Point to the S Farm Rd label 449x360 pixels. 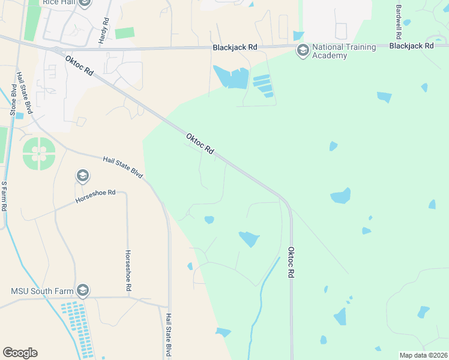pyautogui.click(x=4, y=196)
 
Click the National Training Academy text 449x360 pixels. pyautogui.click(x=344, y=52)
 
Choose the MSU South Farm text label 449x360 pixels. pyautogui.click(x=42, y=292)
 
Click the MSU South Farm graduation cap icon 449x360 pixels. pyautogui.click(x=83, y=291)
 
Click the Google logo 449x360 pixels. pyautogui.click(x=20, y=353)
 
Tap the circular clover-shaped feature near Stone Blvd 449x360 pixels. pyautogui.click(x=39, y=154)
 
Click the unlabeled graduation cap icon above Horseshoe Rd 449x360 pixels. pyautogui.click(x=82, y=176)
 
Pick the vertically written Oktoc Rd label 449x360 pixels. pyautogui.click(x=291, y=262)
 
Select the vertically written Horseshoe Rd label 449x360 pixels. pyautogui.click(x=128, y=271)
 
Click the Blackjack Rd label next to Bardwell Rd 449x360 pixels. pyautogui.click(x=411, y=46)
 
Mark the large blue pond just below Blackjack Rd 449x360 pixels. pyautogui.click(x=231, y=77)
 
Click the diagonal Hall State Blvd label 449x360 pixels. pyautogui.click(x=122, y=167)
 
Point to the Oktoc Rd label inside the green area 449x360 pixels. pyautogui.click(x=200, y=145)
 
